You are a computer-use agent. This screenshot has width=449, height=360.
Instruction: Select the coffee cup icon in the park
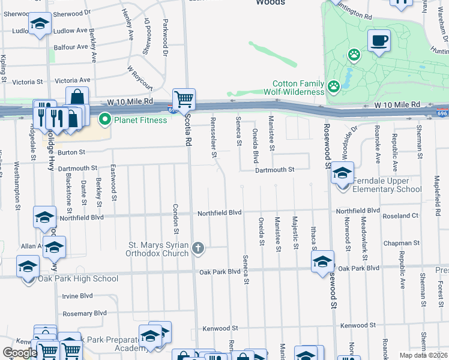[379, 41]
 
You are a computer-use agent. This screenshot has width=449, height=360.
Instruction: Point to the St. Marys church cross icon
[199, 248]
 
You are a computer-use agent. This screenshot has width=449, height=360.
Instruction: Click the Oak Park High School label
[78, 278]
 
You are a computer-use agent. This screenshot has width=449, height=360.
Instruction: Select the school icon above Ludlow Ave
[40, 24]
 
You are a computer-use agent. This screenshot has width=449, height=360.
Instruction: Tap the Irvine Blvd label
[77, 296]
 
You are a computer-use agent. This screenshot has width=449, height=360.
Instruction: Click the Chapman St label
[402, 244]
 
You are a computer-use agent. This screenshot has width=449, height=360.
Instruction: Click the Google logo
[19, 353]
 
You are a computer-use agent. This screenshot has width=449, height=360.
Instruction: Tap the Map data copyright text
[424, 355]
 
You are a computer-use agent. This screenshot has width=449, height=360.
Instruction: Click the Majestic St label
[295, 233]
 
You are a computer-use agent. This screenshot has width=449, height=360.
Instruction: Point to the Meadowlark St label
[364, 232]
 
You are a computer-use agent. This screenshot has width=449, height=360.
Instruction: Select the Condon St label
[176, 218]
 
